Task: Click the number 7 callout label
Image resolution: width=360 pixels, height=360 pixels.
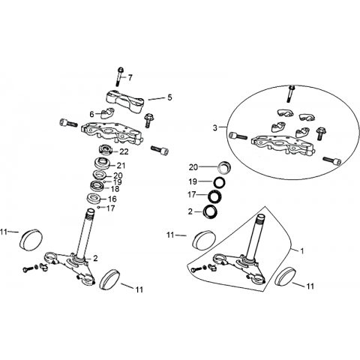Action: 130,78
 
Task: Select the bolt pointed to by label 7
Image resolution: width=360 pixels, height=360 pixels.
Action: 119,76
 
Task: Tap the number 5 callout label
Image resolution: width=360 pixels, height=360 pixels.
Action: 169,97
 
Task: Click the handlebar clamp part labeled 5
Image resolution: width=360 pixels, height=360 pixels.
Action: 125,103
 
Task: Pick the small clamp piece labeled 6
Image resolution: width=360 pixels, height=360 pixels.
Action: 107,113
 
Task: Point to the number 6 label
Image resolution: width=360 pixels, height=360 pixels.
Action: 91,115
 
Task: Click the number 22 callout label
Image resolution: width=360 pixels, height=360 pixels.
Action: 124,151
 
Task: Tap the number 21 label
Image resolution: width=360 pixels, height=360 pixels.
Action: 121,166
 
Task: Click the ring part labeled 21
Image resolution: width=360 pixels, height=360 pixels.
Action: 103,163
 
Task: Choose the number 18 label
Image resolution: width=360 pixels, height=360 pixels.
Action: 115,189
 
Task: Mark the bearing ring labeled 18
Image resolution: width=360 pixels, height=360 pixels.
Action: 97,185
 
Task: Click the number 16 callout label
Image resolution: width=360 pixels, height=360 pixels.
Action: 112,199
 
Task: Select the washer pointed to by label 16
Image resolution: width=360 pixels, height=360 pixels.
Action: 94,199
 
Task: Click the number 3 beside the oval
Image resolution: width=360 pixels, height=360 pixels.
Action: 215,128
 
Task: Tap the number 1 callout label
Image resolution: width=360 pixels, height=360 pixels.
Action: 302,250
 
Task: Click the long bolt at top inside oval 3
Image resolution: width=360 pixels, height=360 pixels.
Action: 291,94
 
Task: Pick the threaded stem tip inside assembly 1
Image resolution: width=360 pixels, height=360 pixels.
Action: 261,218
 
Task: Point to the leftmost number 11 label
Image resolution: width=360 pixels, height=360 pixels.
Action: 4,232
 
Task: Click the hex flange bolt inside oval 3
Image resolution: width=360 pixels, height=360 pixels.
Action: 319,133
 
